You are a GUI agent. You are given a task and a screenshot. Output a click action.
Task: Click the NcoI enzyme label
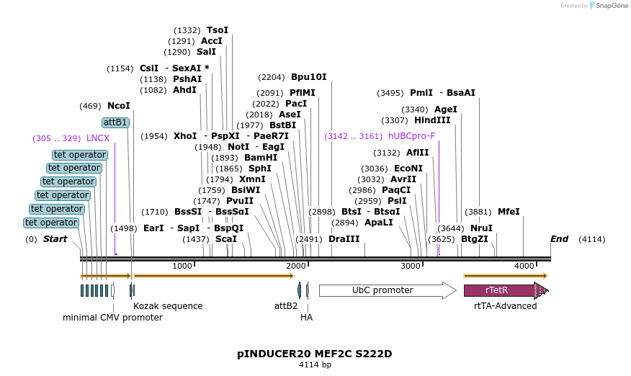tap(119, 106)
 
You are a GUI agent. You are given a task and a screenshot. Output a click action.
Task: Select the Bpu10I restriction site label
tap(308, 77)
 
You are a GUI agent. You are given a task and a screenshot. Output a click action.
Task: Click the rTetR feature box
tap(497, 290)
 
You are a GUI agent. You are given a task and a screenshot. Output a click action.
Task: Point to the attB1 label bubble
tap(115, 122)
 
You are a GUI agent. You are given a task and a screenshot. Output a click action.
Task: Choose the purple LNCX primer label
tap(98, 138)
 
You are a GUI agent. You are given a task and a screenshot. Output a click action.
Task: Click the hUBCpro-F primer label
tap(411, 136)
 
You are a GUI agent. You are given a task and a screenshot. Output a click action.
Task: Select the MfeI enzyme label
tap(509, 212)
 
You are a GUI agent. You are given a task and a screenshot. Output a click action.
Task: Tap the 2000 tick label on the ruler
tap(295, 267)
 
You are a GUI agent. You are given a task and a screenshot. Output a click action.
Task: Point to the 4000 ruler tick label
tap(524, 267)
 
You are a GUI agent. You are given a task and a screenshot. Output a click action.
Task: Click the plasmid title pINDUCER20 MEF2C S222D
tap(315, 354)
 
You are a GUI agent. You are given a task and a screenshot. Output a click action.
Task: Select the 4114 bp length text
tap(315, 365)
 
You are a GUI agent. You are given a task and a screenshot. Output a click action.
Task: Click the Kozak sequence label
tap(168, 306)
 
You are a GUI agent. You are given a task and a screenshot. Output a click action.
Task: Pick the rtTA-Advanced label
tap(505, 306)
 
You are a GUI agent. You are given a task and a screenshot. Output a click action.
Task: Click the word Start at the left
tap(55, 239)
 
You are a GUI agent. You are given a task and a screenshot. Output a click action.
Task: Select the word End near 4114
tap(559, 239)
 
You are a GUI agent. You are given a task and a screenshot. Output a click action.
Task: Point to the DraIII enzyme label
tap(344, 239)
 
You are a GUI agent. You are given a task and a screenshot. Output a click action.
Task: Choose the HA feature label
tap(307, 317)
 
